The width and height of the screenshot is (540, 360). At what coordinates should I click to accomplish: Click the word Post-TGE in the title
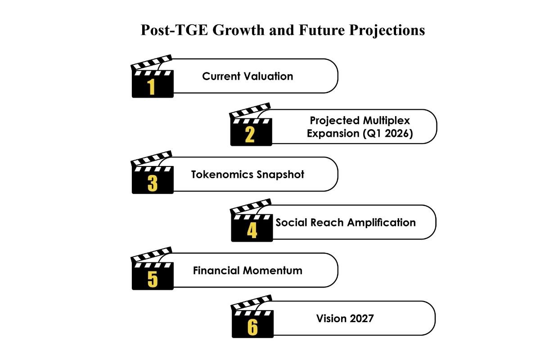pyautogui.click(x=174, y=31)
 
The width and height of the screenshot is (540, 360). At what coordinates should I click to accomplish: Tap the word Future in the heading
pyautogui.click(x=322, y=30)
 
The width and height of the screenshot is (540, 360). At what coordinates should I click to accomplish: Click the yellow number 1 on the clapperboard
pyautogui.click(x=151, y=87)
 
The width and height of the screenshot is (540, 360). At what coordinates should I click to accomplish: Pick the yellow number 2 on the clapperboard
pyautogui.click(x=250, y=135)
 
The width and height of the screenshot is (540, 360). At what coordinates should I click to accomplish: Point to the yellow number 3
pyautogui.click(x=153, y=183)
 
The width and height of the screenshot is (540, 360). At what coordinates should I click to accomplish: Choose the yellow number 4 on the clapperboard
pyautogui.click(x=252, y=230)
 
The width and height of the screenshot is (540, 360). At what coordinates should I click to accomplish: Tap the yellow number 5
pyautogui.click(x=153, y=279)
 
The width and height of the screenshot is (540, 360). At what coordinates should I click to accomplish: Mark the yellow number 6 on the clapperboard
pyautogui.click(x=252, y=327)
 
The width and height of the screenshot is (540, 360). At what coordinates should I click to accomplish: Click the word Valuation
pyautogui.click(x=269, y=76)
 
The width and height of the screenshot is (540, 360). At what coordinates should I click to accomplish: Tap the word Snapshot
pyautogui.click(x=280, y=175)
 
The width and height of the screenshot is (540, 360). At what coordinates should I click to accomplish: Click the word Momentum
pyautogui.click(x=273, y=270)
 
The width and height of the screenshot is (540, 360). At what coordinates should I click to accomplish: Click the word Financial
pyautogui.click(x=216, y=270)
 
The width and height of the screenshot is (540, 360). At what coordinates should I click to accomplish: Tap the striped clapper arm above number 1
pyautogui.click(x=151, y=63)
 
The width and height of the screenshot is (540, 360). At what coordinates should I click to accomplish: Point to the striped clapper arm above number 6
pyautogui.click(x=252, y=302)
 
